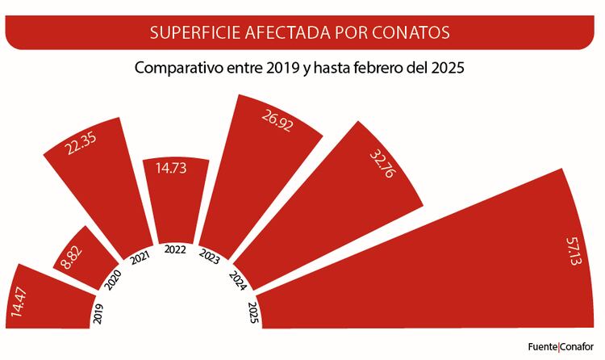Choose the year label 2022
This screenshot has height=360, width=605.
[x=174, y=250]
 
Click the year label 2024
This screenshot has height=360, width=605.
[x=238, y=278]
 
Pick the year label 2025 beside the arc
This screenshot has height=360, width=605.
[x=252, y=310]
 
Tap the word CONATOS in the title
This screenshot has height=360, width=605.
[x=412, y=33]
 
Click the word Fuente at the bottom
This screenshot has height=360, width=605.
[x=542, y=346]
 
